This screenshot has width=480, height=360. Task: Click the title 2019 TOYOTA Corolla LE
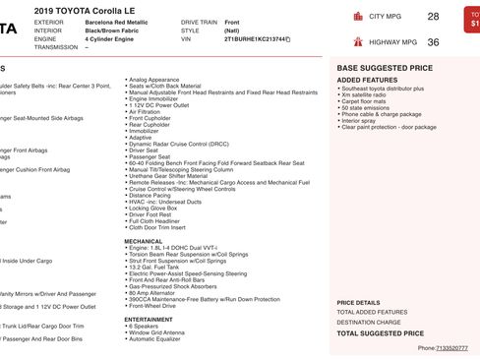pos(91,9)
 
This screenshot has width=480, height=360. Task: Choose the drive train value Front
pos(231,21)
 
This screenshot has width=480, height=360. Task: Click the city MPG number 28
pos(433,17)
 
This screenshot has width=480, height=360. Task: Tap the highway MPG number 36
pos(433,42)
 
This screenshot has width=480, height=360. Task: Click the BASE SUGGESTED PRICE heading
pos(384,68)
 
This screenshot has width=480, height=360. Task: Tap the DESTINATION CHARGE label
pos(369,322)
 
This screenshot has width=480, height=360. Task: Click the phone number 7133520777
pos(451,347)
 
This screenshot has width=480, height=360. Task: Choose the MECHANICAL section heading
pos(144,240)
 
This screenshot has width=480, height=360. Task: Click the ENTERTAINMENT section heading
pos(149,319)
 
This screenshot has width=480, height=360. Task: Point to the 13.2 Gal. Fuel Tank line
pos(155,266)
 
